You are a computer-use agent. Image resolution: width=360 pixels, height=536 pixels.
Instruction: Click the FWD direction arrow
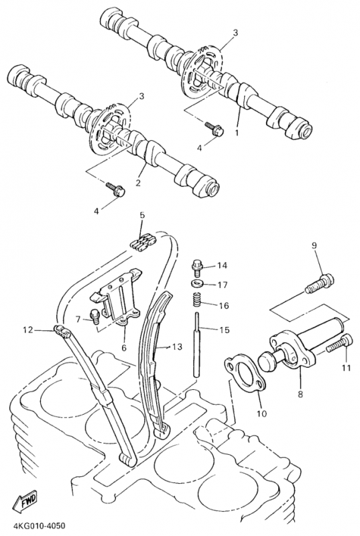[x=25, y=502]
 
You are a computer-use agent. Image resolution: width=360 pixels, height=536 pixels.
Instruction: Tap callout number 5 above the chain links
[x=142, y=215]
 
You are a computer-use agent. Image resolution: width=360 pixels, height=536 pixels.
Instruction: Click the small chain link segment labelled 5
[x=143, y=242]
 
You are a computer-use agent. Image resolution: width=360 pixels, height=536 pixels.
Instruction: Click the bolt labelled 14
[x=197, y=267]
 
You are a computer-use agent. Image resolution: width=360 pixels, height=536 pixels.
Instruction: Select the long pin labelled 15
[x=197, y=344]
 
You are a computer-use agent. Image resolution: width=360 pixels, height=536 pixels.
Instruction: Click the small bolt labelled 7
[x=95, y=316]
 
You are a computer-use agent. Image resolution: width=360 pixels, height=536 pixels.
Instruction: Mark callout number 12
[x=28, y=330]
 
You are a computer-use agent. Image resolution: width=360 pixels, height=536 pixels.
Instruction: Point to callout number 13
[x=178, y=347]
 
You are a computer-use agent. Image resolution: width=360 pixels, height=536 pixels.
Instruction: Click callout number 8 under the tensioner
[x=300, y=394]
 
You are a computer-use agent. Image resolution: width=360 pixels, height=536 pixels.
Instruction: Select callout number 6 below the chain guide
[x=124, y=348]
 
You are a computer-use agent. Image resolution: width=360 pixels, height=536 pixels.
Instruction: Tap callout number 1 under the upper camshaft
[x=237, y=132]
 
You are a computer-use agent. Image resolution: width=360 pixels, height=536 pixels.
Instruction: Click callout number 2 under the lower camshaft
[x=138, y=183]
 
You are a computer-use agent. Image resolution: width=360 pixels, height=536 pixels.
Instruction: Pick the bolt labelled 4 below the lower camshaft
[x=115, y=189]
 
